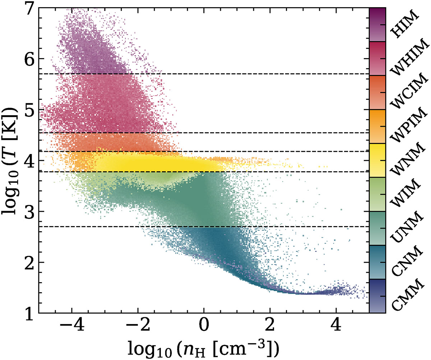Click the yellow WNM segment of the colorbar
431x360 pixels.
click(x=377, y=160)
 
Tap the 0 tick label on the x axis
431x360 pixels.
click(x=204, y=327)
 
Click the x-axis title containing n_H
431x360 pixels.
click(x=204, y=348)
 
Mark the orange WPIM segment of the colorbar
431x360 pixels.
click(x=377, y=126)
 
